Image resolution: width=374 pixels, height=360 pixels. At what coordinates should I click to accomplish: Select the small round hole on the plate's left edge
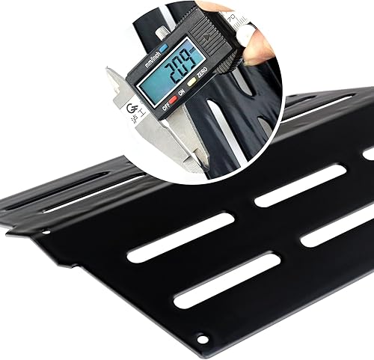pos(46,231)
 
